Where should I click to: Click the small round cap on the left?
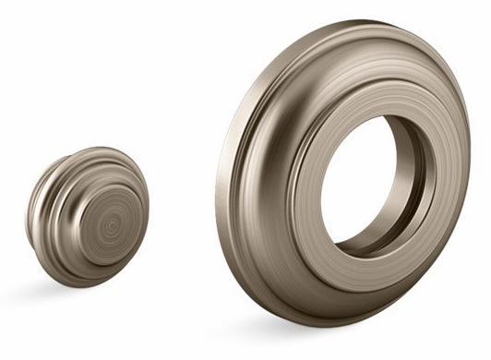pyautogui.click(x=88, y=217)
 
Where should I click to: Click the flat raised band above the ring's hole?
pyautogui.click(x=369, y=92)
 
